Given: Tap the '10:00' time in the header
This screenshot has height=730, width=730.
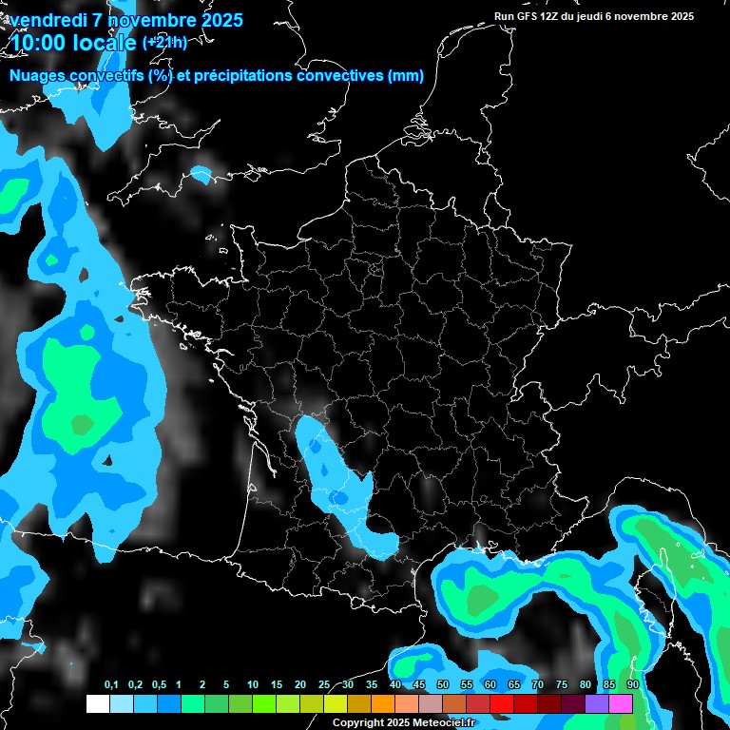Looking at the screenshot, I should pyautogui.click(x=36, y=43).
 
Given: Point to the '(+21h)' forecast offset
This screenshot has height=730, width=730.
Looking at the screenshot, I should pyautogui.click(x=164, y=43).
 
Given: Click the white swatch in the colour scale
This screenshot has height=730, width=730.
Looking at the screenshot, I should pyautogui.click(x=98, y=703).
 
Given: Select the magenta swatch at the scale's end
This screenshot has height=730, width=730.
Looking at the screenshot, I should pyautogui.click(x=621, y=703).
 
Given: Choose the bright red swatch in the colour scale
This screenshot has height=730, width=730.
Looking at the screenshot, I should pyautogui.click(x=502, y=703).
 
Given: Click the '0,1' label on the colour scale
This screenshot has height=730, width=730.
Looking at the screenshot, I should pyautogui.click(x=111, y=685).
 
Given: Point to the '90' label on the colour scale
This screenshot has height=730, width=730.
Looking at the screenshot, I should pyautogui.click(x=633, y=685).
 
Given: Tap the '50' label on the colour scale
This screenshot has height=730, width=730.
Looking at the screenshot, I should pyautogui.click(x=443, y=685).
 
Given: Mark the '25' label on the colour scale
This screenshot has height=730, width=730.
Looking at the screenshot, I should pyautogui.click(x=324, y=685).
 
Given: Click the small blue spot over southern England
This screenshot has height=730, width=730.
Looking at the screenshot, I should pyautogui.click(x=201, y=174).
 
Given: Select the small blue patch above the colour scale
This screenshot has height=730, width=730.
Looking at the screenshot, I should pyautogui.click(x=416, y=661).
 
